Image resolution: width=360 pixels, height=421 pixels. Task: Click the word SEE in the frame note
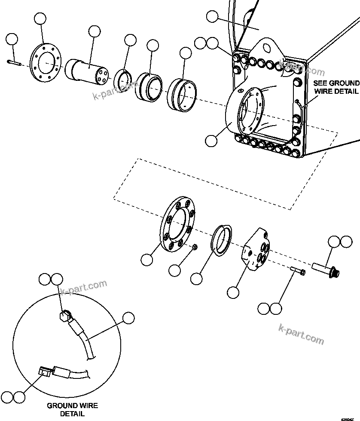(x=320, y=83)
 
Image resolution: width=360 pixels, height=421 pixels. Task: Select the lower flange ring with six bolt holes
(x=177, y=226)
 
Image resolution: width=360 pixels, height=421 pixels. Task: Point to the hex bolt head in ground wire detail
(x=64, y=316)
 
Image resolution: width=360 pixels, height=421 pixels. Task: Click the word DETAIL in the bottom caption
(x=72, y=414)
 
